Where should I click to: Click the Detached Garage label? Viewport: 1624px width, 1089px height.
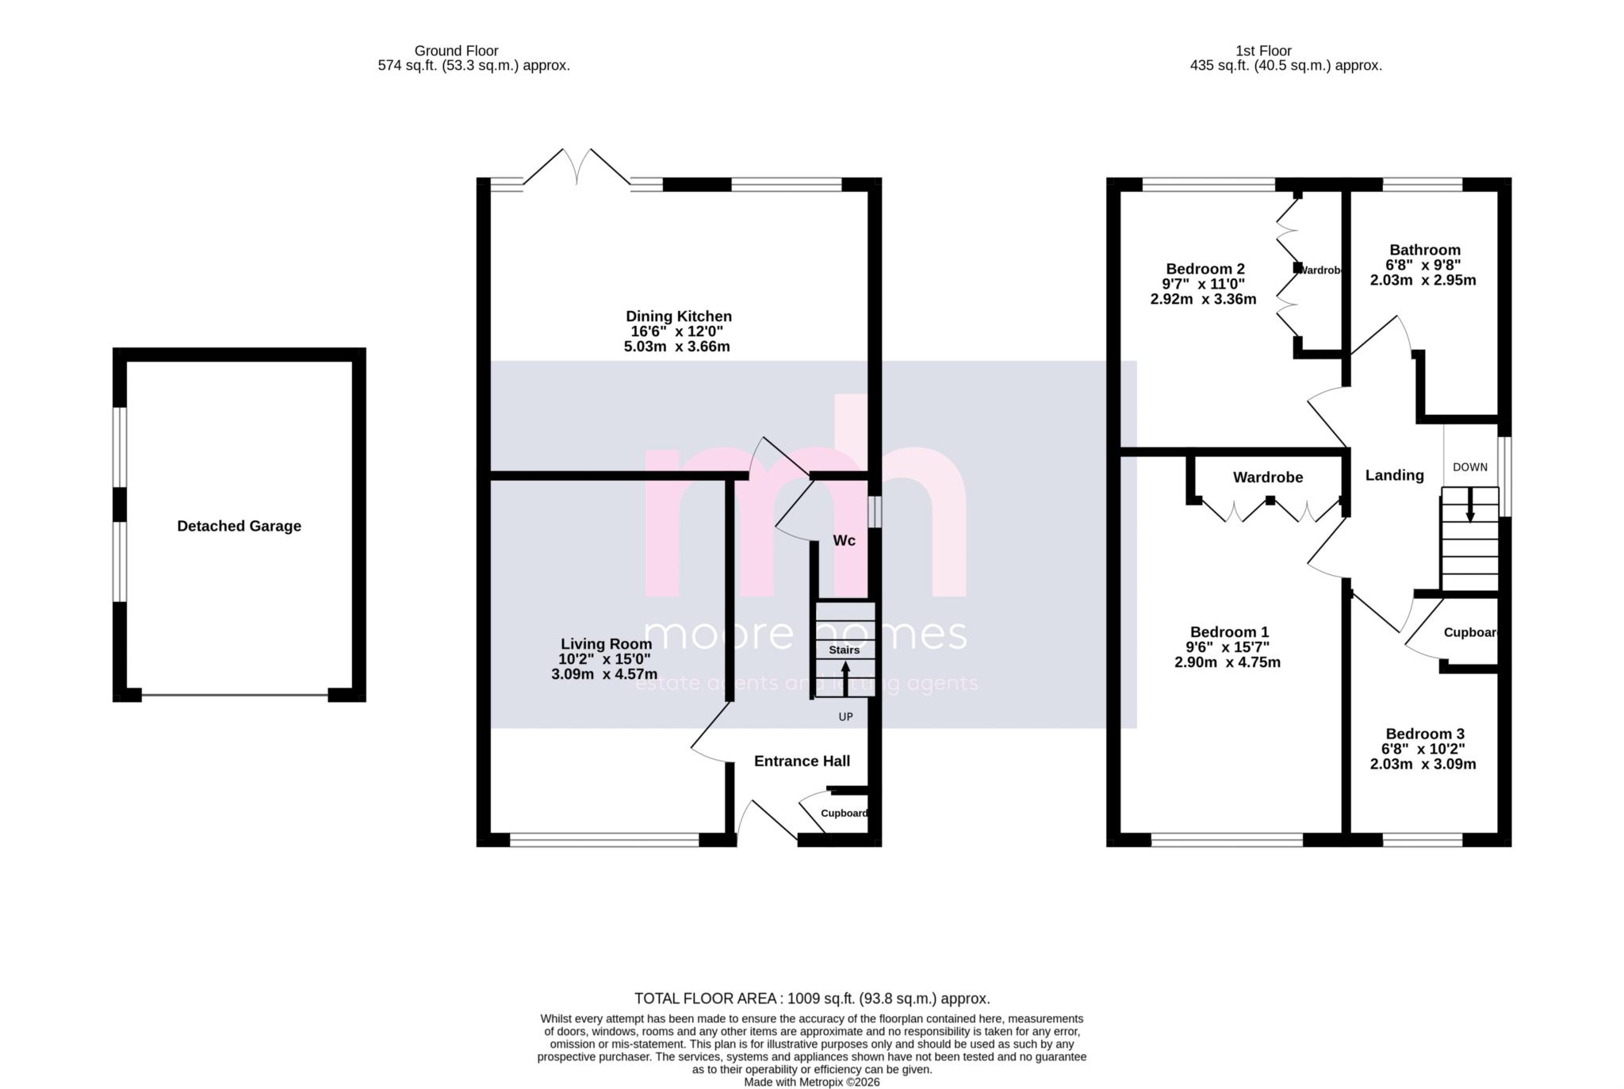click(x=239, y=526)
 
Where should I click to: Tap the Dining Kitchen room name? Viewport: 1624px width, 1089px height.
click(x=678, y=316)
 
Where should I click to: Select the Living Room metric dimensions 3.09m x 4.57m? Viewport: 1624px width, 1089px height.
click(x=603, y=674)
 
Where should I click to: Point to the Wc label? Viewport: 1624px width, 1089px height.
click(x=844, y=541)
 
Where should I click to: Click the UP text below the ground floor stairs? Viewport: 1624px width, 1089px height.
click(x=845, y=717)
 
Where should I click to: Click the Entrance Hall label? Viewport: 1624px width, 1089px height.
click(x=802, y=761)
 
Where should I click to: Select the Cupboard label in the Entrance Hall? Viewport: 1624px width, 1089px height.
click(x=844, y=813)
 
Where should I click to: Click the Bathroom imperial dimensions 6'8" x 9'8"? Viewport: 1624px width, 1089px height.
click(x=1423, y=265)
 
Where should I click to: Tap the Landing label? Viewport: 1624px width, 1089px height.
click(x=1394, y=475)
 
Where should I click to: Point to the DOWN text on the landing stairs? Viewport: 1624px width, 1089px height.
click(x=1469, y=467)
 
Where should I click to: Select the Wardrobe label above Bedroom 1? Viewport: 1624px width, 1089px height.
click(x=1267, y=477)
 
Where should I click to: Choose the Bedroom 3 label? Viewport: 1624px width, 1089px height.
click(x=1424, y=734)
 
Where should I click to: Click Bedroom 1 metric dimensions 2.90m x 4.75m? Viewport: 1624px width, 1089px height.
click(x=1227, y=662)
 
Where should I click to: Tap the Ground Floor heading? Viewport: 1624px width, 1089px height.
click(x=456, y=51)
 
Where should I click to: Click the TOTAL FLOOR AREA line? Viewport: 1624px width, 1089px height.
click(x=811, y=999)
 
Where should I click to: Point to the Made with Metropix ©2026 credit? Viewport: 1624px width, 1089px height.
click(x=811, y=1082)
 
